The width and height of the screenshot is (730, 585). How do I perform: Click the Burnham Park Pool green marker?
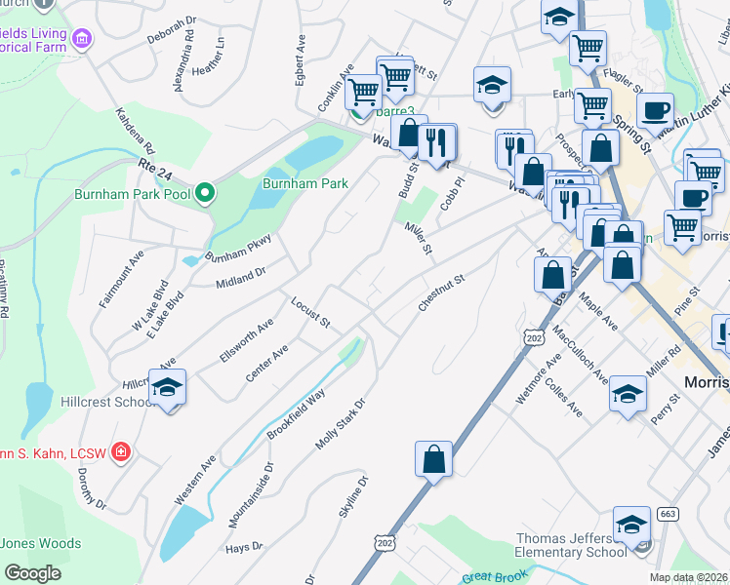[204, 194]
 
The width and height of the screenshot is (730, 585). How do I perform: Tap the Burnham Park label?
[305, 183]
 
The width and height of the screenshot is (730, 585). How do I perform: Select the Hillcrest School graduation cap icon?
[168, 389]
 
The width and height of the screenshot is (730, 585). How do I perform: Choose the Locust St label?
[311, 312]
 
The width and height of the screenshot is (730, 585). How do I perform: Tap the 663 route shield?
[668, 514]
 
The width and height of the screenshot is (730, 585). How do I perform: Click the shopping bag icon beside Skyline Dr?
[433, 458]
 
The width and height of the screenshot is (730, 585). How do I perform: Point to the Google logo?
[32, 573]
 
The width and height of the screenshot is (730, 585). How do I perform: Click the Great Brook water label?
[494, 577]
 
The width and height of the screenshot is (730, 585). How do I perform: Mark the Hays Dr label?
[244, 547]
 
